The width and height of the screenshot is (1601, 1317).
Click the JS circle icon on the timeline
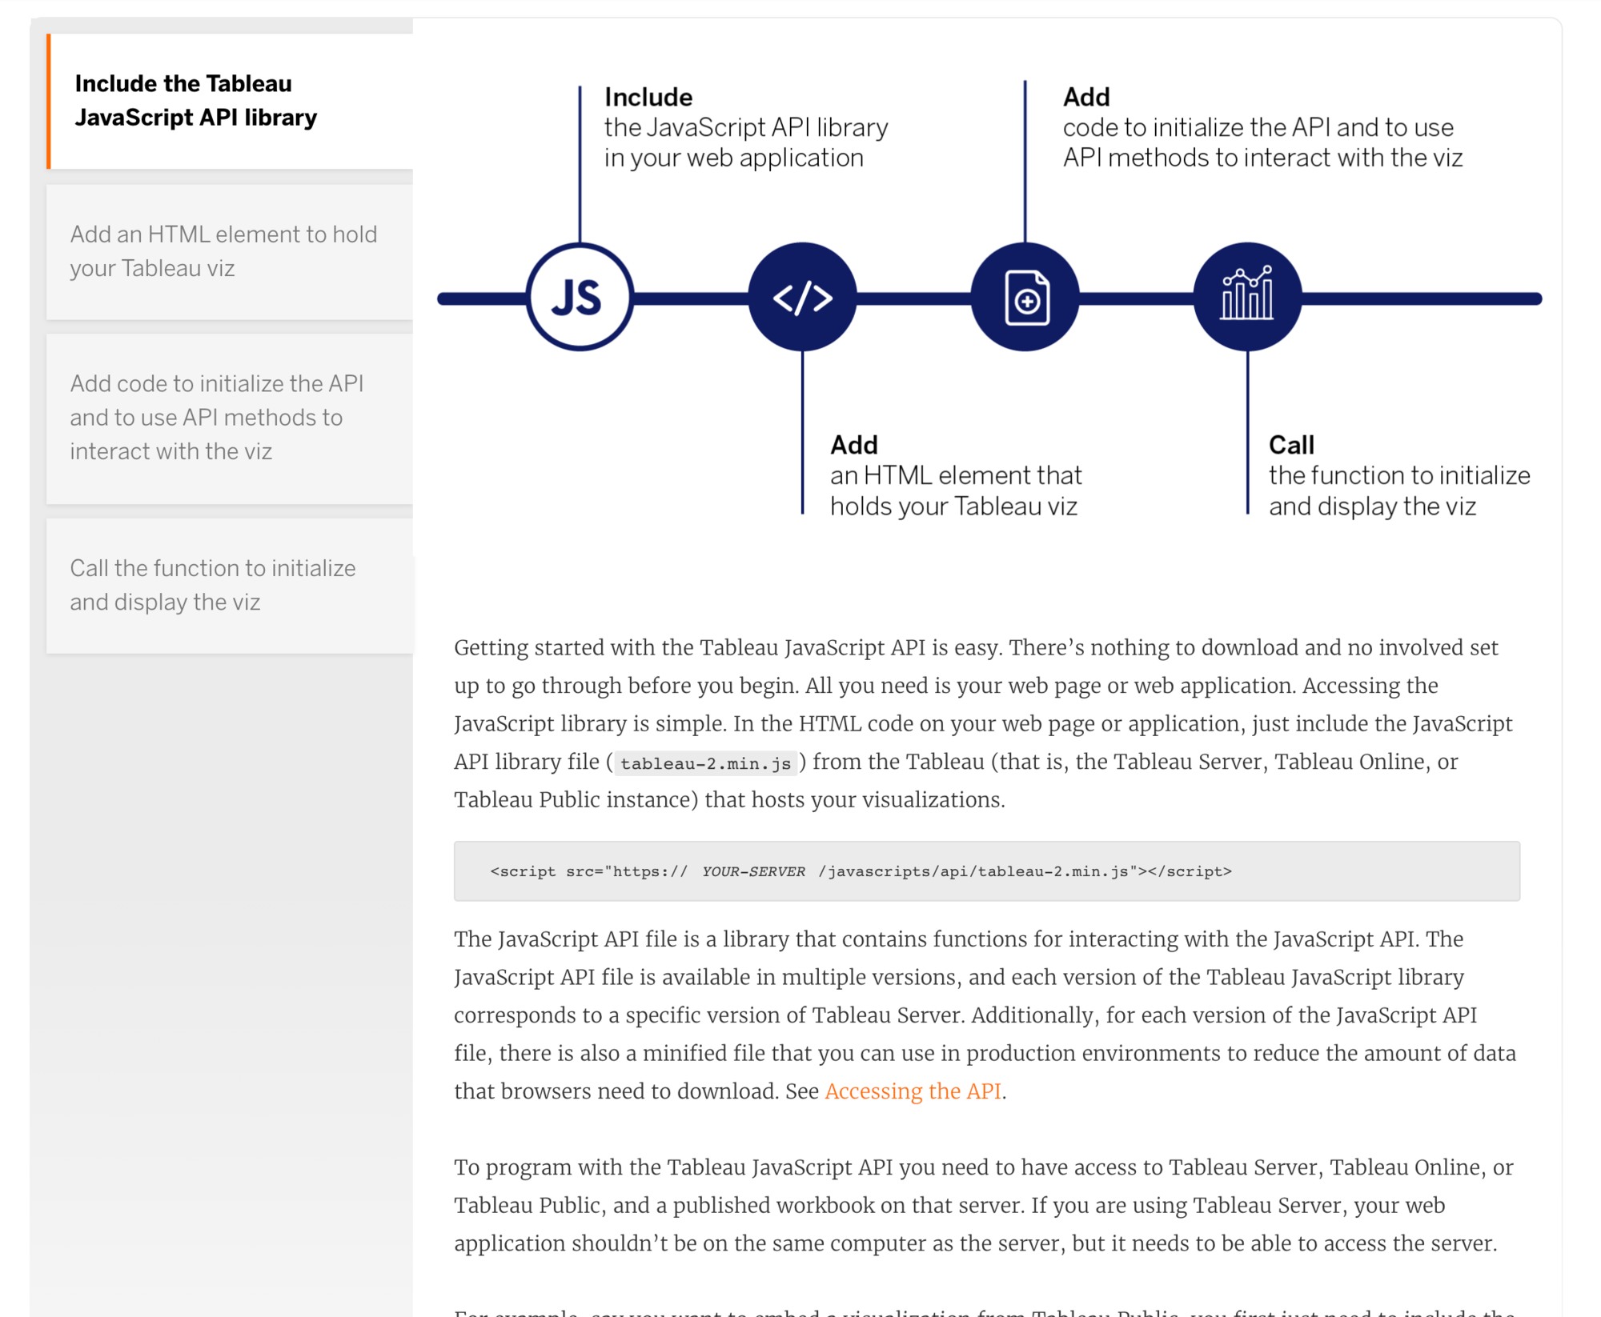pos(580,298)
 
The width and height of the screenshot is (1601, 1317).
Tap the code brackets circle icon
pos(802,298)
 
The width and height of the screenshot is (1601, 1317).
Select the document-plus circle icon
pos(1025,298)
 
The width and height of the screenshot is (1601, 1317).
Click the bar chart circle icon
pos(1247,298)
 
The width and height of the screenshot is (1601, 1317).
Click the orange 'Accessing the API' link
pos(913,1091)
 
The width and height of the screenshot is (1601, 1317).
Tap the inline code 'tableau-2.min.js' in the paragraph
pos(705,763)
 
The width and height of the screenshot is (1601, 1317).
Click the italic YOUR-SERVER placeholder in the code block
pos(753,871)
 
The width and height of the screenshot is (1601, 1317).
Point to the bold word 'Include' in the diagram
pos(648,97)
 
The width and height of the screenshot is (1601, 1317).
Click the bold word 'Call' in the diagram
pos(1291,445)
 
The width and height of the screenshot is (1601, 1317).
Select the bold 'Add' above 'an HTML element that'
pos(854,445)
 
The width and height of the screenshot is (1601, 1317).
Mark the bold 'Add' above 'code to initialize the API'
pos(1086,97)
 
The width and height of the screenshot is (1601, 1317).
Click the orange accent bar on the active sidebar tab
pos(49,101)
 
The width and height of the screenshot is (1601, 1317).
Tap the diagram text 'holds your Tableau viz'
pos(953,506)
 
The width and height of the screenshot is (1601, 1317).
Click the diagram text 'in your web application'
pos(733,158)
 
